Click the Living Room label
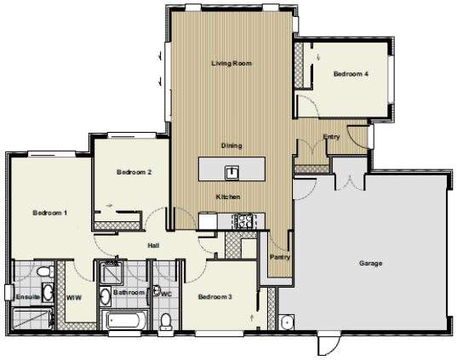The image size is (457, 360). tap(231, 63)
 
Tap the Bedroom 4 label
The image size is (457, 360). tap(351, 74)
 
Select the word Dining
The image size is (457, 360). tap(231, 146)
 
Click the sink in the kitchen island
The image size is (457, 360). tap(232, 173)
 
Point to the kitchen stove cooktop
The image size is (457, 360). tap(242, 221)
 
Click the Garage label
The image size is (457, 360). tap(370, 264)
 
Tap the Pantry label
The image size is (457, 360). tap(280, 257)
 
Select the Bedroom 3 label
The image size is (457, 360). tap(214, 297)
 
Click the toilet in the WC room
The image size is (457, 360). tap(166, 322)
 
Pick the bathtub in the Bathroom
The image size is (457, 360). tap(124, 320)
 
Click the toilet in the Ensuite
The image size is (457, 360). tap(45, 271)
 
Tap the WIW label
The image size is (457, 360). tap(74, 298)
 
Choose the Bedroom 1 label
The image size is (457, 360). tap(50, 213)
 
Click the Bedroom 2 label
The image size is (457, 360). tap(134, 172)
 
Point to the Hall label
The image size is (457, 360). tap(153, 245)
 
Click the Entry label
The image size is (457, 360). tap(331, 137)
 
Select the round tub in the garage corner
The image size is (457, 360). tap(287, 323)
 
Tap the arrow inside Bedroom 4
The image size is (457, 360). tap(318, 57)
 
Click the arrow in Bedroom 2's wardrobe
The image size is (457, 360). tap(109, 205)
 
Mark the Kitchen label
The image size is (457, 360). tap(228, 197)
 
